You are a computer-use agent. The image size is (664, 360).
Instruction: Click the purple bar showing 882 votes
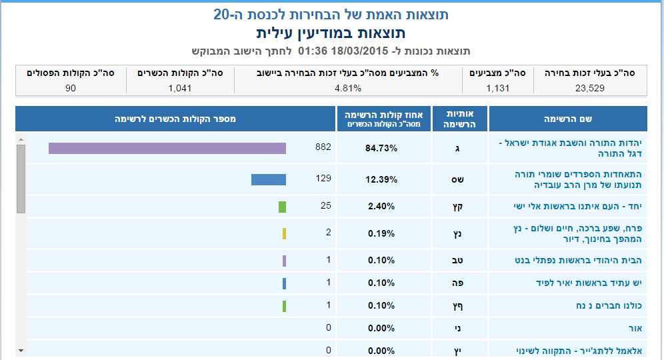167,148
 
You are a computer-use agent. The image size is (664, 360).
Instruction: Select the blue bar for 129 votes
268,179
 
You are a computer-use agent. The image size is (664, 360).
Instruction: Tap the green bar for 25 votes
282,207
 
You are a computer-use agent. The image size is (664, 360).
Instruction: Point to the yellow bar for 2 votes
284,233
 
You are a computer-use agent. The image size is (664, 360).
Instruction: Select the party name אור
634,328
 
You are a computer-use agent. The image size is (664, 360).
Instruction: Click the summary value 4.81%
348,87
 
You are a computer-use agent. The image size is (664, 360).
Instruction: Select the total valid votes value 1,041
180,87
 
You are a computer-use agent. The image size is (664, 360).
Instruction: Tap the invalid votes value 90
71,87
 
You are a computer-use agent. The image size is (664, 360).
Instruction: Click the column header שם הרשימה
568,119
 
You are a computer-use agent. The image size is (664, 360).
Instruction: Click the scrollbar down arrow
21,350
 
